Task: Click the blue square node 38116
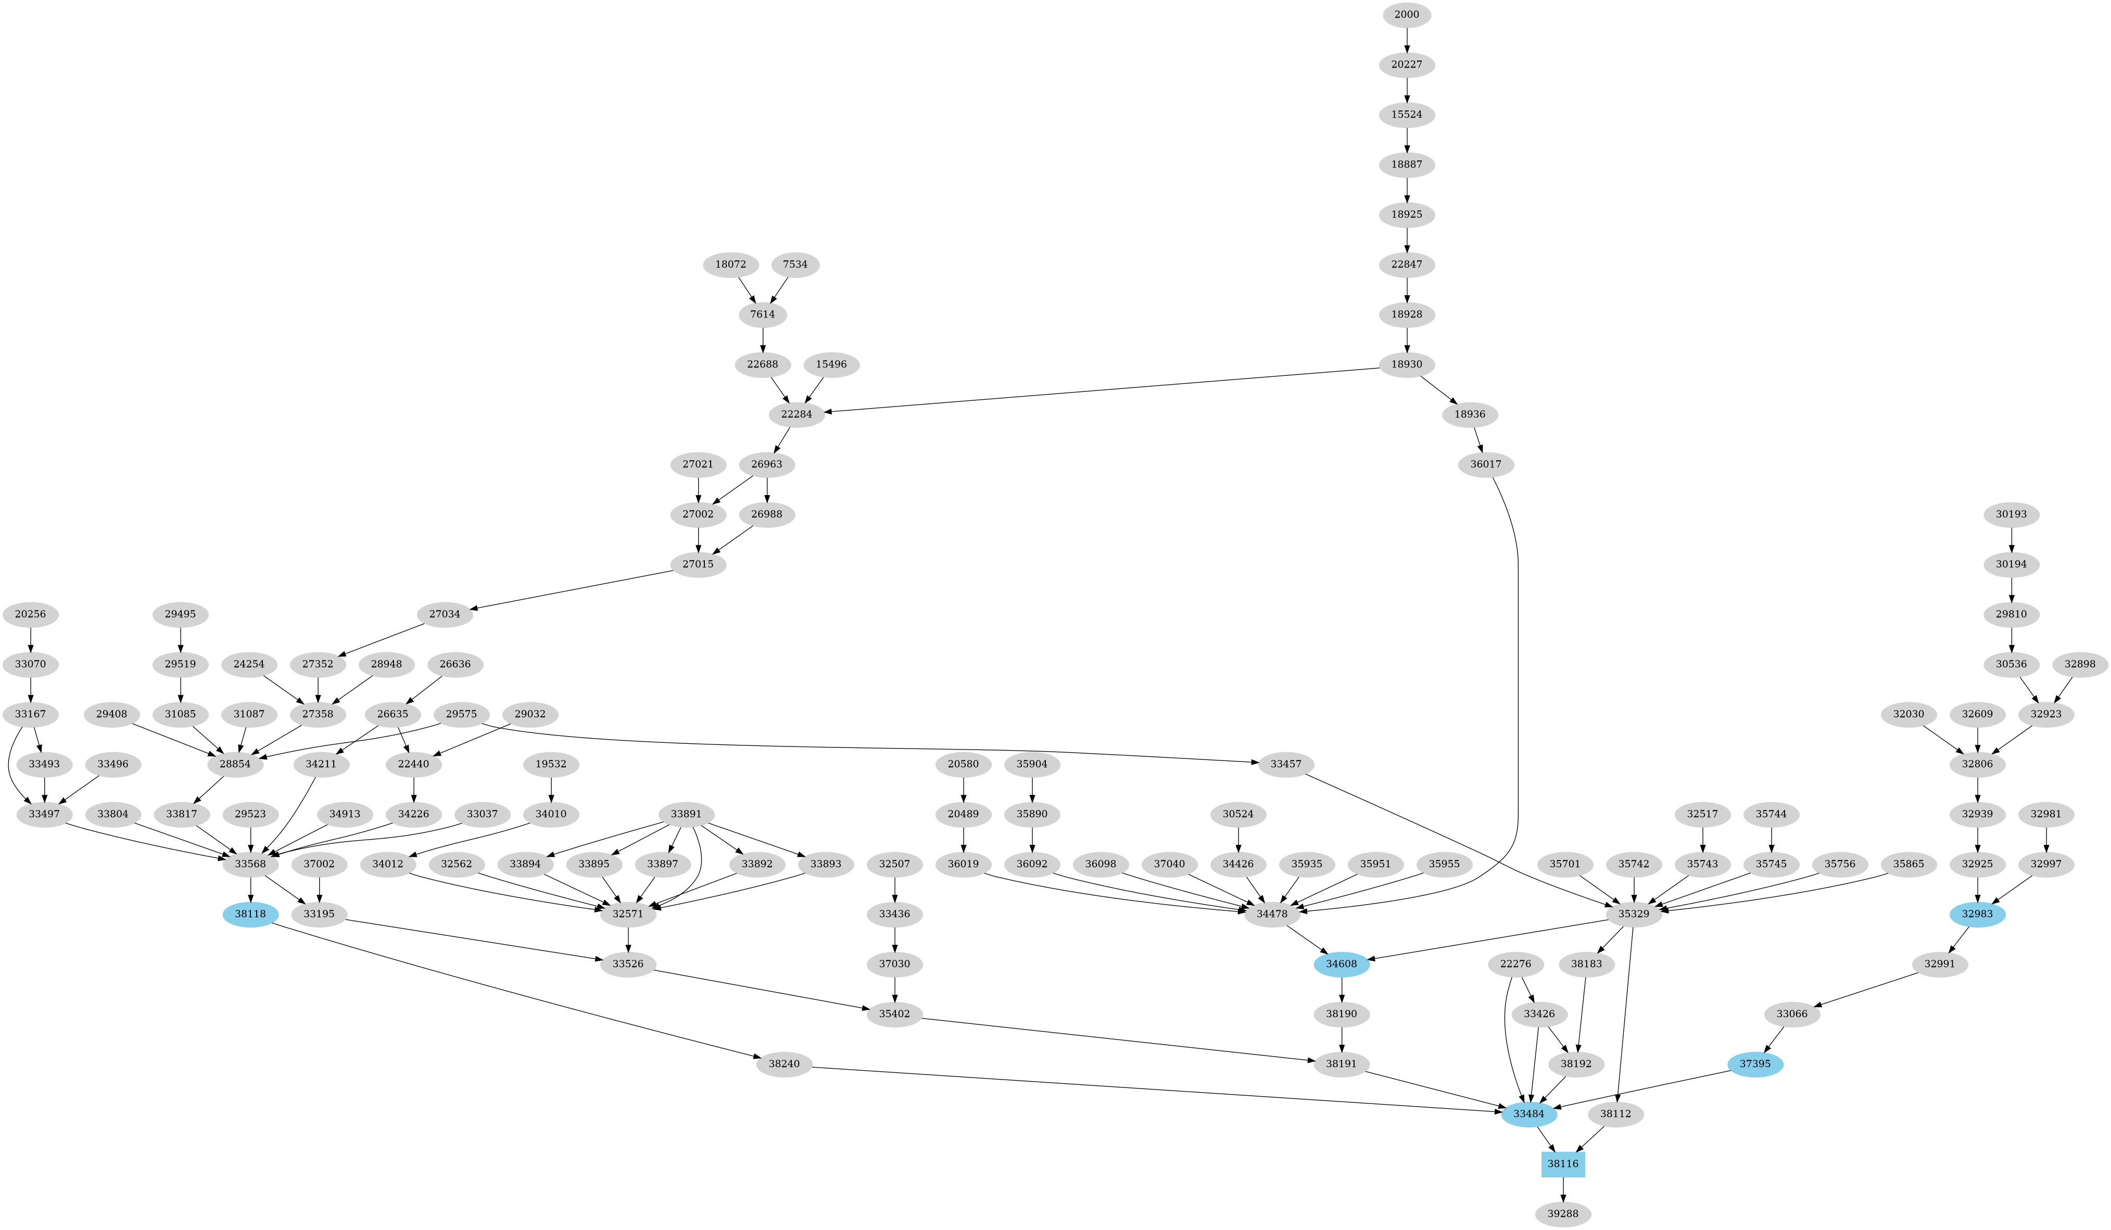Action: [1562, 1164]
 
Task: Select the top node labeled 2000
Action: [1407, 14]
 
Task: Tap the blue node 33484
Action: [1529, 1114]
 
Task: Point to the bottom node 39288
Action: [1562, 1214]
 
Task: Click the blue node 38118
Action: [250, 914]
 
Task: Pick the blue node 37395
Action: [1755, 1064]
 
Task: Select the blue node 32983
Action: [1977, 914]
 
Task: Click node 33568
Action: [250, 864]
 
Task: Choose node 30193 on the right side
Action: [2012, 514]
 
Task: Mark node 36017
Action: [1485, 464]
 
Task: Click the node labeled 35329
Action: [1634, 914]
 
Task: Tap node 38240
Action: [784, 1064]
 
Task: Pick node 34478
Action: [1272, 914]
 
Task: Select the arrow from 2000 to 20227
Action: [1407, 40]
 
